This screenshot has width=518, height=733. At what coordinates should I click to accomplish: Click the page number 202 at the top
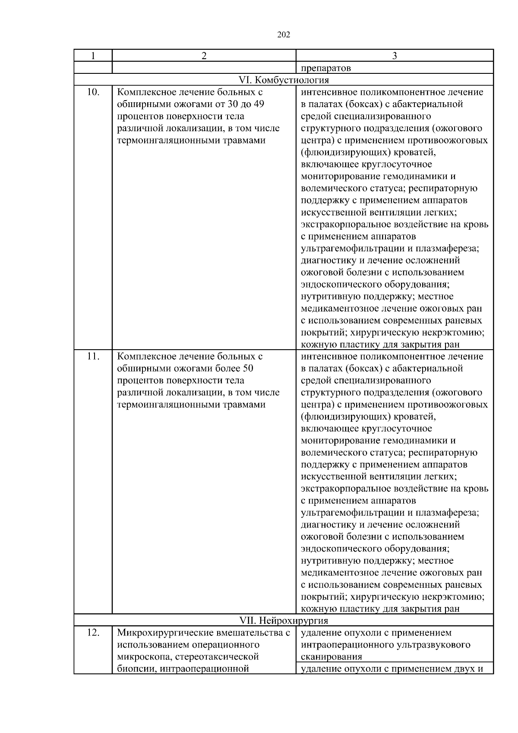point(283,35)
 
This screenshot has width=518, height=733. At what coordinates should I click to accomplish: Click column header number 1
point(93,56)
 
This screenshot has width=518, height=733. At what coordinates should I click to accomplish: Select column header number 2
point(204,56)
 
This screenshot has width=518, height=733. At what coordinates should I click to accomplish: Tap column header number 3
point(395,56)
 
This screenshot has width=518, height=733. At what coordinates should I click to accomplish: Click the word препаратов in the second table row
point(325,68)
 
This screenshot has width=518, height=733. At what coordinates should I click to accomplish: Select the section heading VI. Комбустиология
point(284,80)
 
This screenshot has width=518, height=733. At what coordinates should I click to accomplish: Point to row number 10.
point(93,92)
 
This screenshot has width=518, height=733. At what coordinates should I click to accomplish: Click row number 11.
point(93,357)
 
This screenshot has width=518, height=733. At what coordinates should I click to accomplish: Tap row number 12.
point(93,633)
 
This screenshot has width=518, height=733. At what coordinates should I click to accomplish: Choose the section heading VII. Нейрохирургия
point(284,621)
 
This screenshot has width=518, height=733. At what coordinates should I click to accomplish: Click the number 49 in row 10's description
point(259,104)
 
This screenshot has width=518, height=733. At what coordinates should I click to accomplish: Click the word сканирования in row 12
point(331,657)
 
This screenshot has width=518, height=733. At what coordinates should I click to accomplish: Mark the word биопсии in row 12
point(133,669)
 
